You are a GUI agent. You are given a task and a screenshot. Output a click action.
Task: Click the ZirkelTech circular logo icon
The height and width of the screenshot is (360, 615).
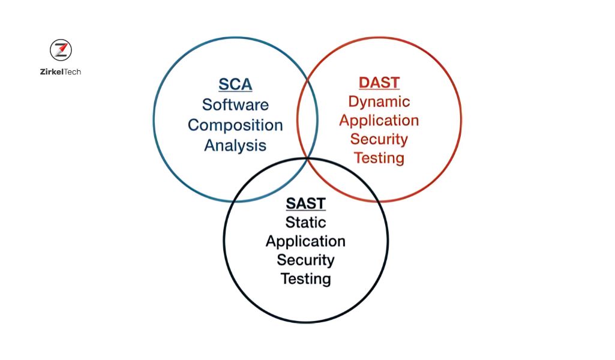[x=61, y=50]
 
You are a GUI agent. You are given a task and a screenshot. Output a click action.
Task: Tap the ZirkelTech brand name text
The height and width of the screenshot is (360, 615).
[x=61, y=72]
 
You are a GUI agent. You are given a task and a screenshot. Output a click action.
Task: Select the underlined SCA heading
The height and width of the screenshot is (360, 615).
[x=235, y=85]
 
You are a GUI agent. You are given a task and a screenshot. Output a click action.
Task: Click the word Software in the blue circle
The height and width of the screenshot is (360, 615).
[x=235, y=105]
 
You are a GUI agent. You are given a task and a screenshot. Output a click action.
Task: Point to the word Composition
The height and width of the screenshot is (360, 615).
[x=235, y=125]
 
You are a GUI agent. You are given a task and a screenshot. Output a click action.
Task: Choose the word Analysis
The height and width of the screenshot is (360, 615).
[x=235, y=145]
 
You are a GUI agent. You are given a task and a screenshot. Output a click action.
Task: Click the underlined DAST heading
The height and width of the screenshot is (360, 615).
[x=379, y=83]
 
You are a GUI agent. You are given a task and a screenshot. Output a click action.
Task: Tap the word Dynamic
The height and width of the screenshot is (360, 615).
[x=379, y=102]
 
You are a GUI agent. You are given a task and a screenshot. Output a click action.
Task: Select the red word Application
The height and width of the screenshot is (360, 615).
[x=379, y=121]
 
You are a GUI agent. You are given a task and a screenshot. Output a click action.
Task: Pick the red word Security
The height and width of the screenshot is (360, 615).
[x=379, y=139]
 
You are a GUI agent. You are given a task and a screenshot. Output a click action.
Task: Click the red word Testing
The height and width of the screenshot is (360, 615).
[x=379, y=158]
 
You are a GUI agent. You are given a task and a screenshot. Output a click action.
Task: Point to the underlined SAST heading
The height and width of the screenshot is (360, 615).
[x=306, y=203]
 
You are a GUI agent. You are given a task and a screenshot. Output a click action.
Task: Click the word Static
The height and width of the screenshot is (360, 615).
[x=306, y=223]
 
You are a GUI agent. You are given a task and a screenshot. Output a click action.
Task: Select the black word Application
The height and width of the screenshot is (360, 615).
[x=305, y=242]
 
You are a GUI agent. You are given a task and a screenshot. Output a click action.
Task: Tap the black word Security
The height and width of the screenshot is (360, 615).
[x=305, y=260]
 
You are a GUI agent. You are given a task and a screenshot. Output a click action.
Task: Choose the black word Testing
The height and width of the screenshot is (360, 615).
[x=306, y=279]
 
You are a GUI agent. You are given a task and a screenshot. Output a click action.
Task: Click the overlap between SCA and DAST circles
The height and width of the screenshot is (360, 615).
[x=307, y=119]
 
